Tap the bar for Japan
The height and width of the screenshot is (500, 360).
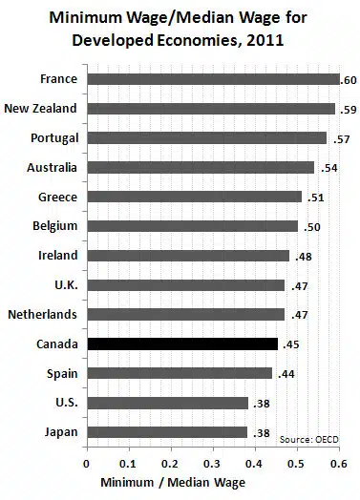(x=167, y=432)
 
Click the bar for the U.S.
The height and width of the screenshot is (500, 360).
(x=167, y=403)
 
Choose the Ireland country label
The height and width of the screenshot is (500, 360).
(x=57, y=255)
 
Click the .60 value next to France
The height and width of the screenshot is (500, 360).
(x=349, y=79)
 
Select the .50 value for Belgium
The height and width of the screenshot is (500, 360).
(x=311, y=227)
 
